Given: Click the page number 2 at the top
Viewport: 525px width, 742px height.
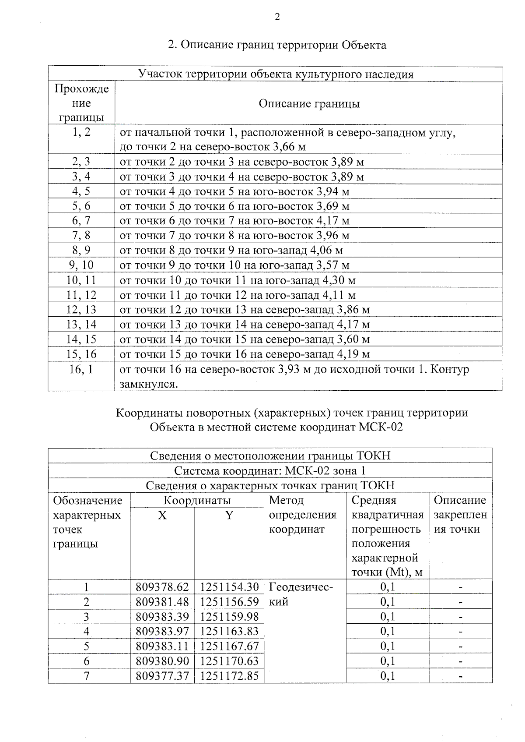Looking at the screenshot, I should coord(276,17).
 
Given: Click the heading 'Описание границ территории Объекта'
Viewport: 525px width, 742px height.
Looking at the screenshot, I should coord(277,45).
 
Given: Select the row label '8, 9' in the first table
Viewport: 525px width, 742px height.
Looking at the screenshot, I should coord(81,250).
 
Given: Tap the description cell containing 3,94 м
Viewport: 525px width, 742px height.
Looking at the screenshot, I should coord(234,191).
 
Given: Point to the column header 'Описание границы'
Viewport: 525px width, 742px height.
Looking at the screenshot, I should coord(309,104).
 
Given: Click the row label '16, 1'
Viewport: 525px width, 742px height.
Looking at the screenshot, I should coord(81,369).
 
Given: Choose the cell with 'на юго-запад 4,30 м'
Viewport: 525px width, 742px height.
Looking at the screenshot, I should coord(238,280).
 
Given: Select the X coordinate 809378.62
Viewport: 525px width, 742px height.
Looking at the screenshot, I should coord(162,587).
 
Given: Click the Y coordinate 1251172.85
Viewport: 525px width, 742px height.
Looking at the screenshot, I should coord(229,676).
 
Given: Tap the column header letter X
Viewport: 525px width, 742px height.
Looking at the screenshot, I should coord(162,515).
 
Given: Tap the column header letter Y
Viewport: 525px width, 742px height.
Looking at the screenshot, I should coord(229,515).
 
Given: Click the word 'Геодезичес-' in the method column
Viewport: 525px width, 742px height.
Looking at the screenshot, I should coord(301,587).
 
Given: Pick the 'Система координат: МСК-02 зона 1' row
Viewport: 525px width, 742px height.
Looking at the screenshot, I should coord(270,471).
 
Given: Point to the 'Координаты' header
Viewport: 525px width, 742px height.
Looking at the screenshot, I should coord(197,500).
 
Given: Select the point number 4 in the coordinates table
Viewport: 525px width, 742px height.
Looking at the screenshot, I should coord(87,631).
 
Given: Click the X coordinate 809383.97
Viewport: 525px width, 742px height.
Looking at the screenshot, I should coord(162,631).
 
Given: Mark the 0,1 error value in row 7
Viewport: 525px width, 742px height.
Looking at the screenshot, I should coord(387,676).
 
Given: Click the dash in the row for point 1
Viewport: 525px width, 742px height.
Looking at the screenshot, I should coord(460,587).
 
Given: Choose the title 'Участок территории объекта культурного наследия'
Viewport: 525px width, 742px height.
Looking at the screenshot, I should coord(276,74).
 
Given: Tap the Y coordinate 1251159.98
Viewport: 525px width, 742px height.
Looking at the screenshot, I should coord(229,617).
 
